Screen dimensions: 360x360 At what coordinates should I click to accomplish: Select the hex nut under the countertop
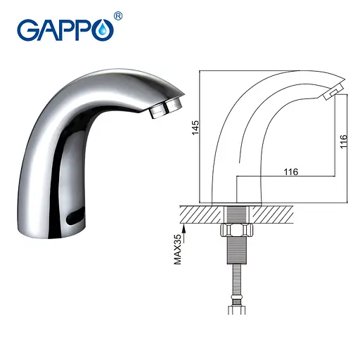[x=234, y=232]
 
